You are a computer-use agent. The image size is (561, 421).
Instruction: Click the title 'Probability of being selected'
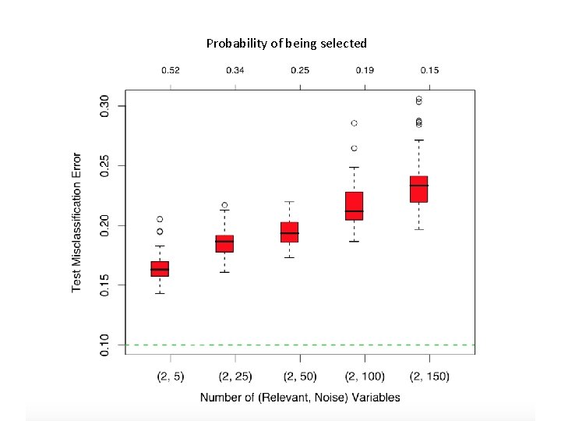pyautogui.click(x=286, y=44)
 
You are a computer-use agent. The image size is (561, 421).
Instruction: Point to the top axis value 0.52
pyautogui.click(x=170, y=71)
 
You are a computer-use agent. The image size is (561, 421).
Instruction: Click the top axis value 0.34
pyautogui.click(x=235, y=71)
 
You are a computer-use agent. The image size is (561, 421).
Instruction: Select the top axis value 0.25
pyautogui.click(x=299, y=71)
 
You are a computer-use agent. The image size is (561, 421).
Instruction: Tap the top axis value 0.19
pyautogui.click(x=364, y=71)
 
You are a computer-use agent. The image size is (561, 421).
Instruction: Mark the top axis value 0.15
pyautogui.click(x=429, y=71)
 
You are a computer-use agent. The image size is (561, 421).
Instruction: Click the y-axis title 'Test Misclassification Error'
pyautogui.click(x=77, y=222)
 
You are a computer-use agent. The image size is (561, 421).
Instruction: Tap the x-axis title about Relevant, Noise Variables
pyautogui.click(x=300, y=398)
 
